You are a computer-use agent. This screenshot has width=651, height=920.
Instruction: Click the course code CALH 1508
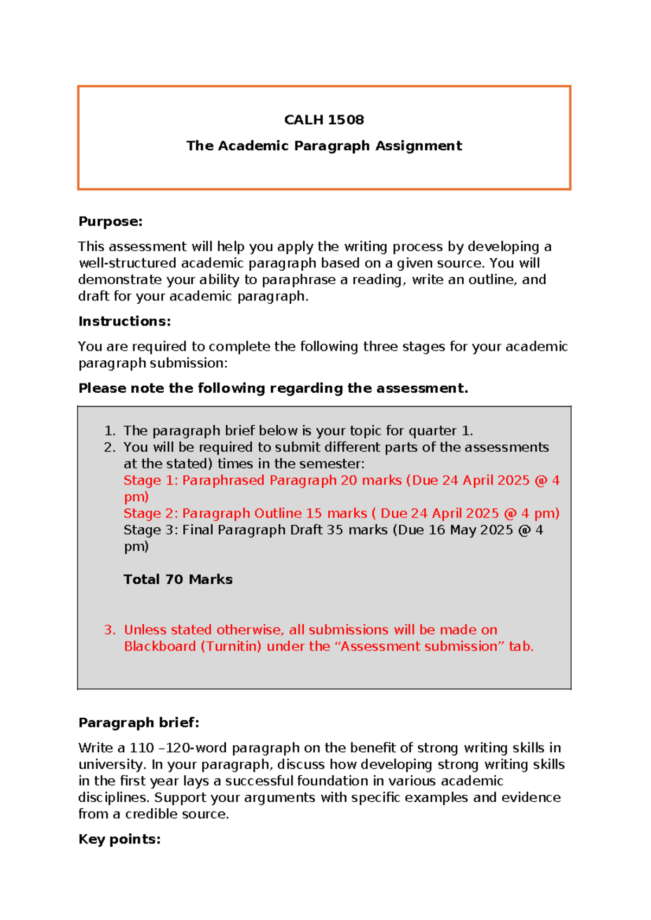coord(324,120)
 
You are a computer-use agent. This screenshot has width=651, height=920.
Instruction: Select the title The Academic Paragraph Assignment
coord(324,146)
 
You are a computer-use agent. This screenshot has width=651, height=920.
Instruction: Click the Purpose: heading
coord(110,221)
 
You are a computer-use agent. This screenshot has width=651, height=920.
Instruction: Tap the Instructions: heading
coord(124,321)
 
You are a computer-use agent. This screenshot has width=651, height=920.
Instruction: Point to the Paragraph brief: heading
coord(139,723)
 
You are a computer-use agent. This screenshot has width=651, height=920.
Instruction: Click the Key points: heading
coord(119,839)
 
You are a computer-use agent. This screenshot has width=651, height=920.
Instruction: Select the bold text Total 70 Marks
coord(178,579)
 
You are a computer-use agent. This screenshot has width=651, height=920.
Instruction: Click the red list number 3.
coord(110,630)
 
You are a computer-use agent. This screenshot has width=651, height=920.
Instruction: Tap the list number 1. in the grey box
coord(110,431)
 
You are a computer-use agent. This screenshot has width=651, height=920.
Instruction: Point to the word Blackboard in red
coord(159,647)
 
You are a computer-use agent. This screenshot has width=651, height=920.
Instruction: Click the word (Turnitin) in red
coord(231,647)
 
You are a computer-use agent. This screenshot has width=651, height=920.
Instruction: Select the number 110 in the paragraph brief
coord(142,748)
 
